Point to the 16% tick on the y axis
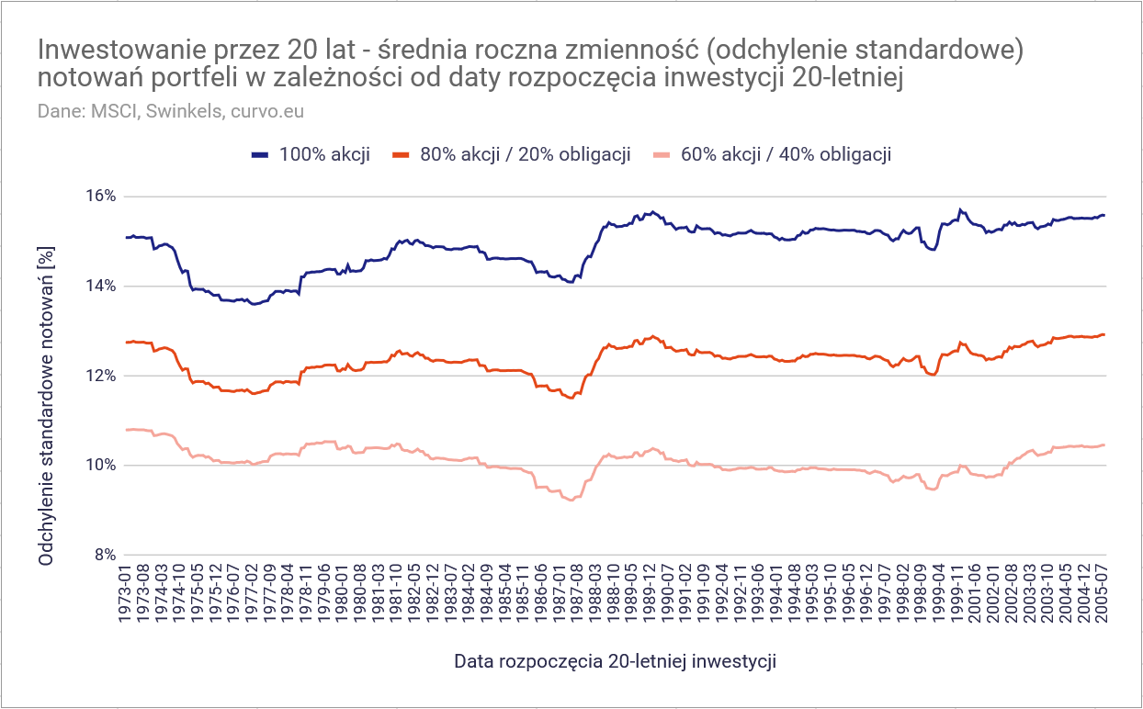point(101,197)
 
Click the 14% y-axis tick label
point(101,287)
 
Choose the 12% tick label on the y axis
point(101,376)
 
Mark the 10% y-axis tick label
point(101,466)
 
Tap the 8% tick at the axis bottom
point(105,555)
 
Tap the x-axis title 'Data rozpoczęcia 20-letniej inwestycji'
point(616,661)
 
